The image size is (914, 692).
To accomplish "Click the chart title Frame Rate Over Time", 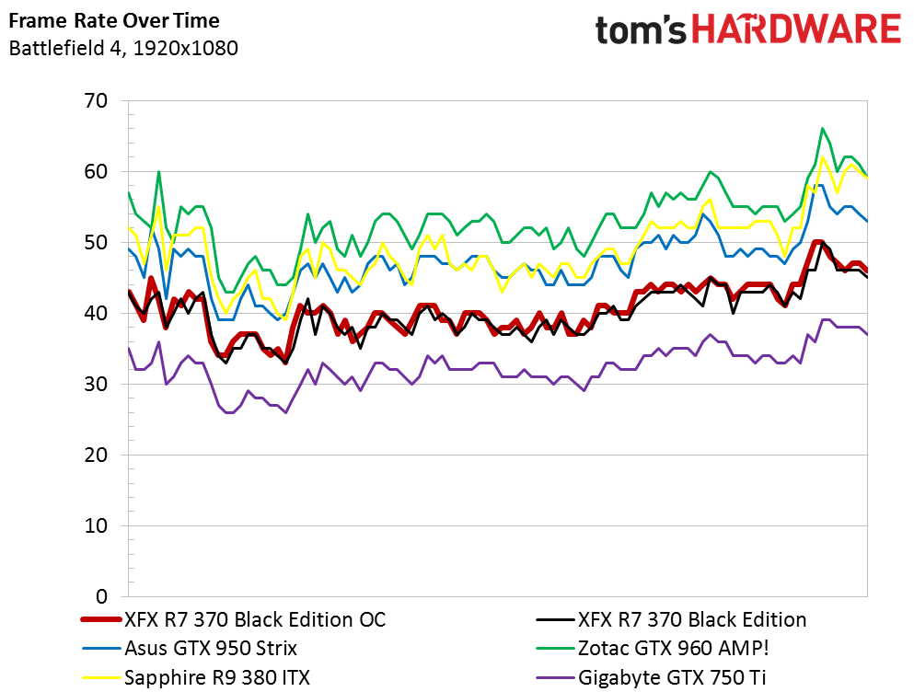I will (115, 19).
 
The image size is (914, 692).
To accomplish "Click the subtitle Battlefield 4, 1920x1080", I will (122, 48).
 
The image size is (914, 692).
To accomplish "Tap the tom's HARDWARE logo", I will (747, 29).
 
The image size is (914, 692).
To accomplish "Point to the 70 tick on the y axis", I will (96, 100).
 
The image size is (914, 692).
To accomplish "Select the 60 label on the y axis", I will (96, 171).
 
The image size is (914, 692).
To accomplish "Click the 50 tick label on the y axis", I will (96, 242).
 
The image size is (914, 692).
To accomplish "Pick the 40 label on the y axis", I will (96, 313).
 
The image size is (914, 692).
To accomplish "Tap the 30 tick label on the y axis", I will (96, 384).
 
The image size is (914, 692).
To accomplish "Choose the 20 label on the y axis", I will (96, 455).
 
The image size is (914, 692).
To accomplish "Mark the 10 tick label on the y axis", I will (96, 525).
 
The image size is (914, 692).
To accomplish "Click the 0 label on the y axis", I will (102, 596).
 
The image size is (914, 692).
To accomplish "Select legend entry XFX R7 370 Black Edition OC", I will (255, 619).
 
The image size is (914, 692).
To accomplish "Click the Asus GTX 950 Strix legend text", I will (210, 648).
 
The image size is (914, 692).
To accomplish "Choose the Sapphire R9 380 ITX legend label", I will (216, 678).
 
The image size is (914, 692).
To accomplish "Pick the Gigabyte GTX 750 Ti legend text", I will (672, 678).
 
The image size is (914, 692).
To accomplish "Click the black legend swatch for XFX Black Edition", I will (553, 619).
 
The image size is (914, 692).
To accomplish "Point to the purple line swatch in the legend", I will (553, 678).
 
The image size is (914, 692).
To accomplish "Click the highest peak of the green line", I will (822, 129).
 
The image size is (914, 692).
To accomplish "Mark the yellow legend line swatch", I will (99, 678).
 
